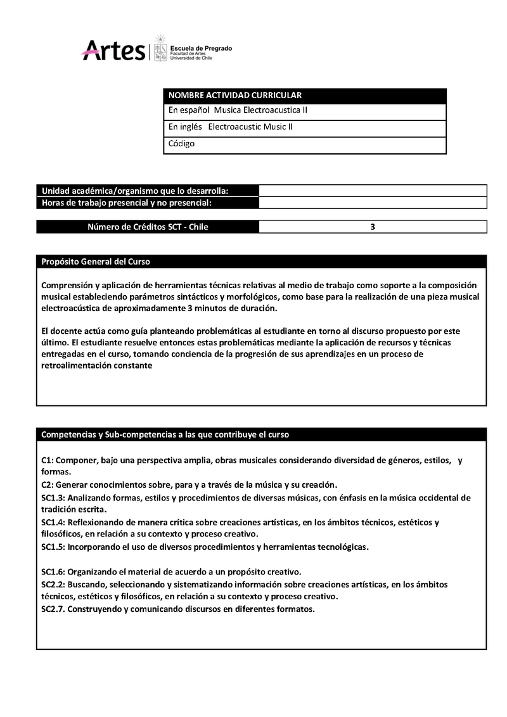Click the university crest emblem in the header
click(x=160, y=48)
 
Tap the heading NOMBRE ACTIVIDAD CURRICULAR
click(x=234, y=95)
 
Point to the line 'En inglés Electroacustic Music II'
click(x=231, y=127)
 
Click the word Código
click(x=182, y=144)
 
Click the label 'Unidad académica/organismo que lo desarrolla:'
click(x=135, y=191)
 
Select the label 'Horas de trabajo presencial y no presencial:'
click(x=126, y=203)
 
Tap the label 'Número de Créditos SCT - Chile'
click(x=148, y=227)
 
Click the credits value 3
click(x=373, y=227)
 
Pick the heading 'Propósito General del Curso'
click(x=96, y=262)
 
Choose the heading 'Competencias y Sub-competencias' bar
click(x=165, y=435)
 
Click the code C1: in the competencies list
click(x=48, y=460)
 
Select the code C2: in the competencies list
click(x=48, y=485)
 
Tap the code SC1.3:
click(x=53, y=498)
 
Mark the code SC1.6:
click(x=53, y=571)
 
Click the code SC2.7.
click(x=53, y=609)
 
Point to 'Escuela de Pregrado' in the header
click(x=201, y=48)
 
